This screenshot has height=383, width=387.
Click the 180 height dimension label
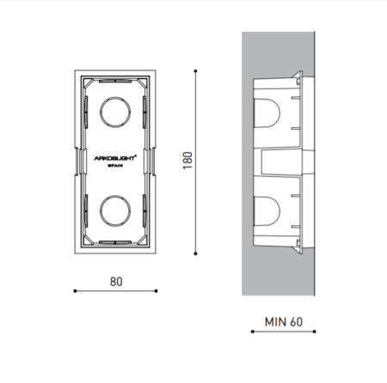point(187,161)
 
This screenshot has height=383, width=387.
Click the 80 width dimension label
point(116,282)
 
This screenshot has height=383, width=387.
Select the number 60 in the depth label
point(296,322)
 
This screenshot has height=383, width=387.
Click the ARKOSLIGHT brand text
point(115,158)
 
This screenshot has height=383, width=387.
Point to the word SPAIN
point(115,166)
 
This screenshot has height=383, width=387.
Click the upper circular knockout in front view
point(115,112)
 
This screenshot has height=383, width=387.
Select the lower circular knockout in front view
point(115,210)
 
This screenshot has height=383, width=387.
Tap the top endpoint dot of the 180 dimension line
point(195,70)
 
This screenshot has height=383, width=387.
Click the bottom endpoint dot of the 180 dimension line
point(195,253)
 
